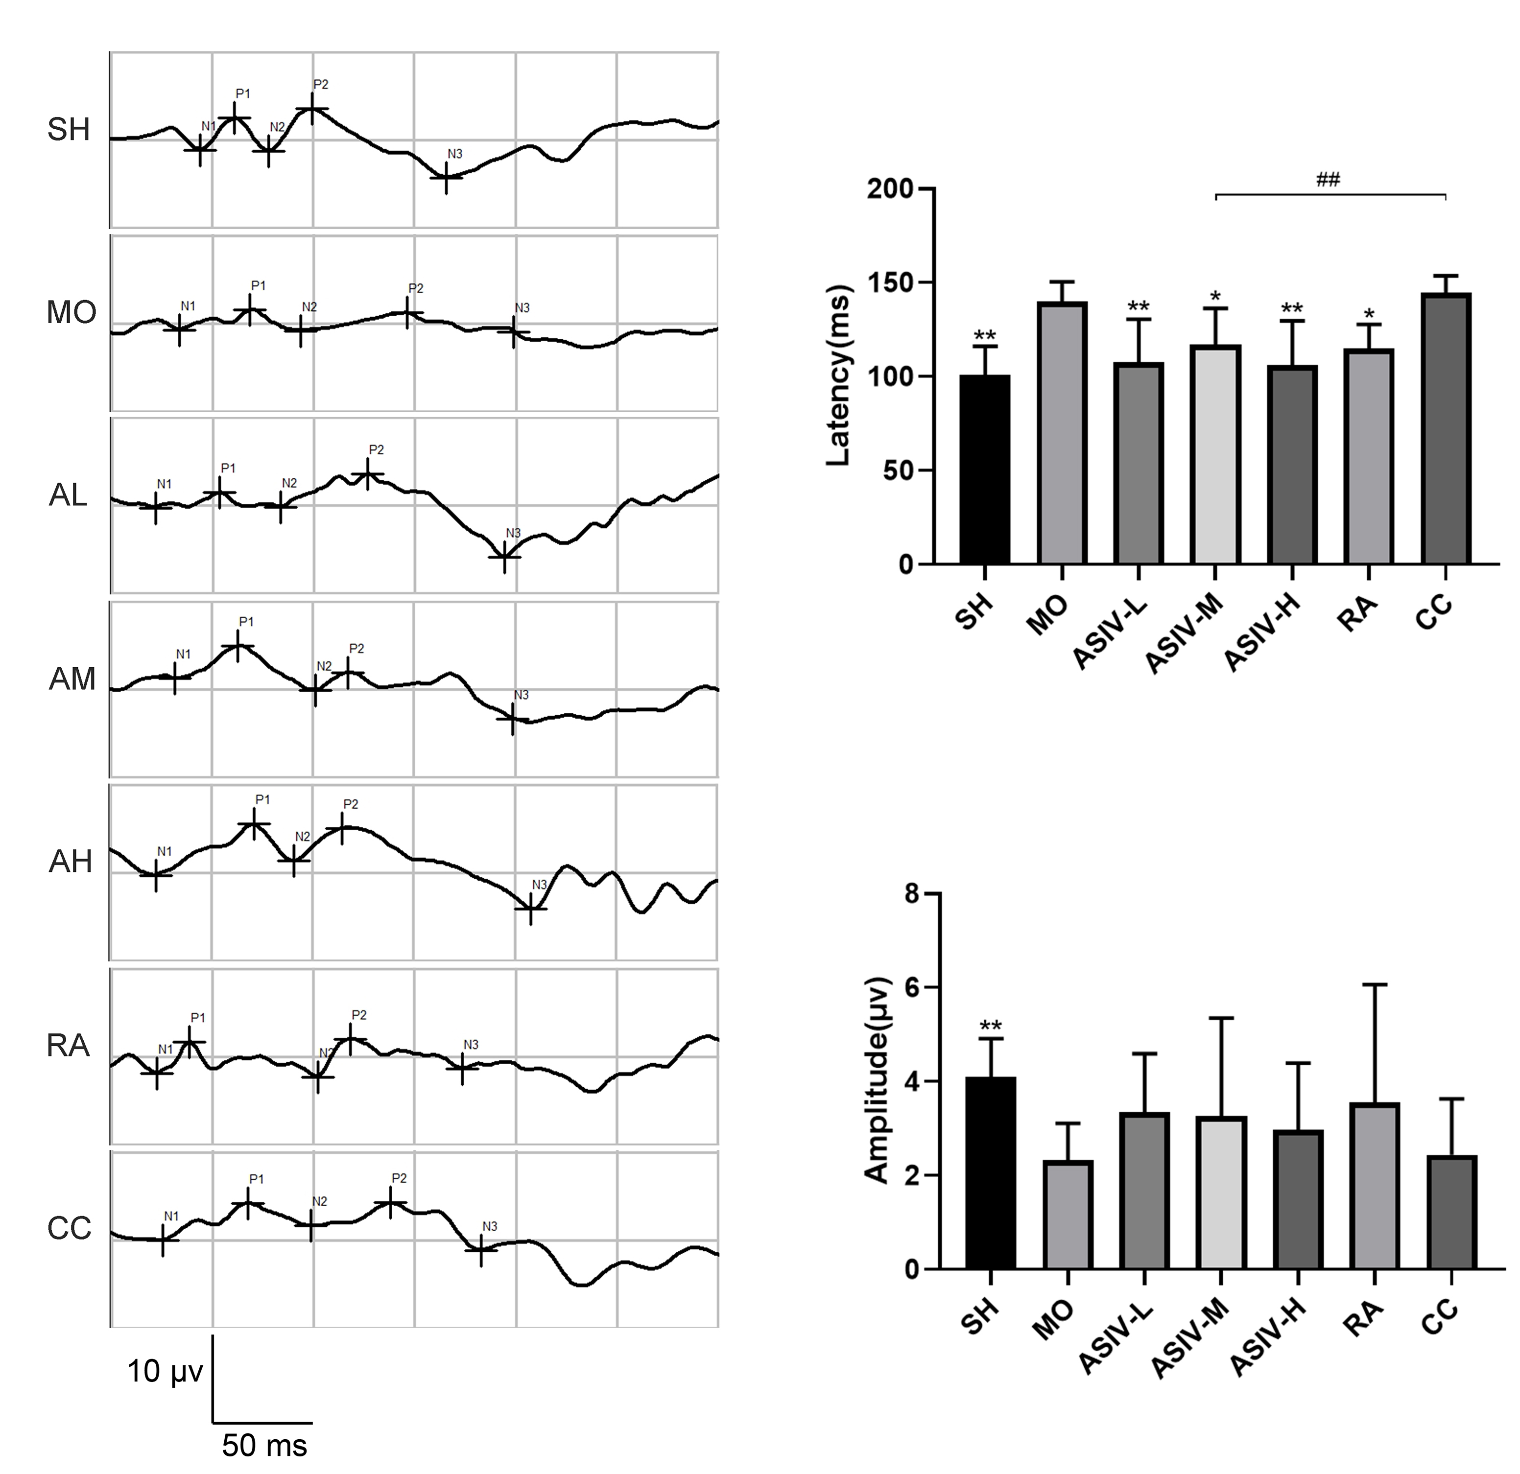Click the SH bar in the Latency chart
pyautogui.click(x=984, y=469)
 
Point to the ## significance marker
pyautogui.click(x=1329, y=181)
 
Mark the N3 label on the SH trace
pyautogui.click(x=454, y=154)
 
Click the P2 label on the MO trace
pyautogui.click(x=416, y=288)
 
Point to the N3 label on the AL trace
pyautogui.click(x=513, y=533)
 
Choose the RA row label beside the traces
pyautogui.click(x=68, y=1046)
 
